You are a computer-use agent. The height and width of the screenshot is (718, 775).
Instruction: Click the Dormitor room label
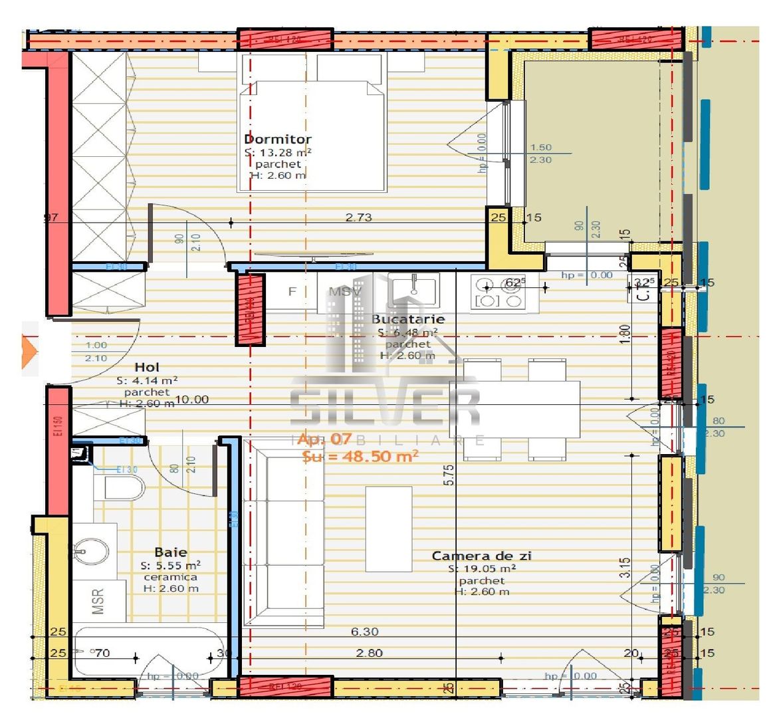click(278, 139)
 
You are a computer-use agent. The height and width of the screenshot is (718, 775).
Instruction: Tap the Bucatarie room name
click(407, 319)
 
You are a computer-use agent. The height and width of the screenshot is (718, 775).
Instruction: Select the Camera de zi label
click(481, 556)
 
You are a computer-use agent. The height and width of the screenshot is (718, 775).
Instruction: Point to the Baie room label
click(171, 552)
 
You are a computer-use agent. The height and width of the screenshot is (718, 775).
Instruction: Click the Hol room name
click(147, 367)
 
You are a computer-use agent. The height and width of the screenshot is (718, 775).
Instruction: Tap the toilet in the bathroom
click(123, 489)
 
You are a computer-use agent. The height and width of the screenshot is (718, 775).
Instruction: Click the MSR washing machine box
click(98, 601)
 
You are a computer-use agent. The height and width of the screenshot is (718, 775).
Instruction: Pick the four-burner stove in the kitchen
click(497, 293)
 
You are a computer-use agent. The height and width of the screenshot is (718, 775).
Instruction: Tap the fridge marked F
click(292, 292)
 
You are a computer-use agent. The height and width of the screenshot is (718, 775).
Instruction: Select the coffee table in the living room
click(389, 529)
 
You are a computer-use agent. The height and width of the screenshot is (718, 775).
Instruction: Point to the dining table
click(514, 409)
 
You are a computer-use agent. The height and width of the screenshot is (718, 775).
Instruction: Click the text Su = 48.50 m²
click(360, 456)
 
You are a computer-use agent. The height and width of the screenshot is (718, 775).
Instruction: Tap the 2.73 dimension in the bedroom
click(358, 217)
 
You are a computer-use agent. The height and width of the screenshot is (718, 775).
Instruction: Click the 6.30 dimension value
click(365, 632)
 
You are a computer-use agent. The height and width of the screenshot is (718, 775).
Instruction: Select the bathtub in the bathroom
click(146, 652)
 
